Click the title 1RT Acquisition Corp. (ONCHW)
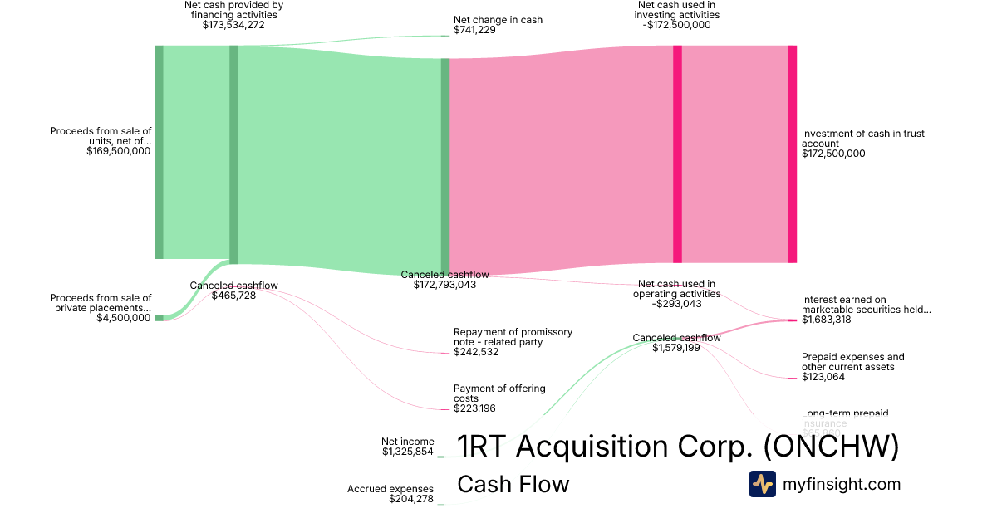[678, 447]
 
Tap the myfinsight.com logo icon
[762, 484]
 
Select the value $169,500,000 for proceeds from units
[118, 151]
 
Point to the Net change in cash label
[498, 20]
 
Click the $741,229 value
[474, 30]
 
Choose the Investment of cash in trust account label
[862, 138]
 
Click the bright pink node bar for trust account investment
[792, 154]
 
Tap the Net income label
[407, 442]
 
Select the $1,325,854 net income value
[407, 452]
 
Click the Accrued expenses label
[390, 489]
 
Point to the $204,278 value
[410, 499]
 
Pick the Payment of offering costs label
[499, 393]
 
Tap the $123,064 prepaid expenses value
[826, 377]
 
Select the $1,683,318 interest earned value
[826, 320]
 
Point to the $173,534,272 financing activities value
[233, 25]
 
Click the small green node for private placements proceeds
[159, 318]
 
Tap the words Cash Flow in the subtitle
[513, 484]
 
